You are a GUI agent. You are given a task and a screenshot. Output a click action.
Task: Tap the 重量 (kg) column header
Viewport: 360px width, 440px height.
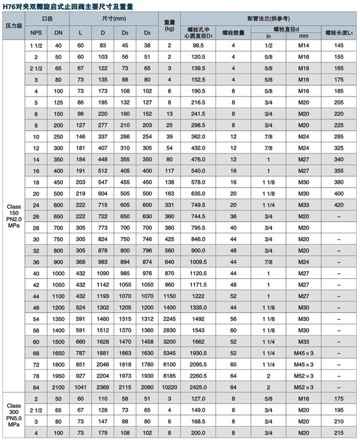pyautogui.click(x=170, y=25)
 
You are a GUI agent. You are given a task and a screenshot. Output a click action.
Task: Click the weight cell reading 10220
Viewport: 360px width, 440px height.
pyautogui.click(x=170, y=387)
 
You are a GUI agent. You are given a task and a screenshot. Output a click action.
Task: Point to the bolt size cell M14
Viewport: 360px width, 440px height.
pyautogui.click(x=303, y=46)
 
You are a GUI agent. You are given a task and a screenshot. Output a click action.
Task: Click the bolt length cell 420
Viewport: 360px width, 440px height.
pyautogui.click(x=339, y=204)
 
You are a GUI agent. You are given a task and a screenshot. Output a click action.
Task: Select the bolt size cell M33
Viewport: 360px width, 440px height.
pyautogui.click(x=303, y=204)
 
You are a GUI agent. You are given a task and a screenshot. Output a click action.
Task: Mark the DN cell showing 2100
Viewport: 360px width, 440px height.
pyautogui.click(x=58, y=387)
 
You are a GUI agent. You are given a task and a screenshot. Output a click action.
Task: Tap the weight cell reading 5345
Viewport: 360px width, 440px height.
pyautogui.click(x=170, y=352)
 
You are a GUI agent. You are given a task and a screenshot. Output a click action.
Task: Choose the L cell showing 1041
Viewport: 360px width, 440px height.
pyautogui.click(x=81, y=387)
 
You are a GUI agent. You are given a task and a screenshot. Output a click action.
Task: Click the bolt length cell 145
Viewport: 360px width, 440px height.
pyautogui.click(x=339, y=46)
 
